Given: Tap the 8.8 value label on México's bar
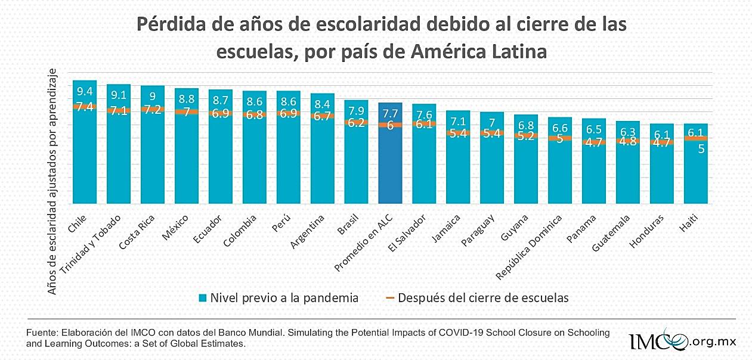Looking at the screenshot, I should point(187,100).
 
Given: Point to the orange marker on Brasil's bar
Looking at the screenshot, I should point(356,123).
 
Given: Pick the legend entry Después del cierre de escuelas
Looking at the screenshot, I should point(476,297).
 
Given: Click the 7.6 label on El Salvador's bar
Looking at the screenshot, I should point(424,114).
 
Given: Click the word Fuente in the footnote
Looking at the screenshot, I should point(41,333).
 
